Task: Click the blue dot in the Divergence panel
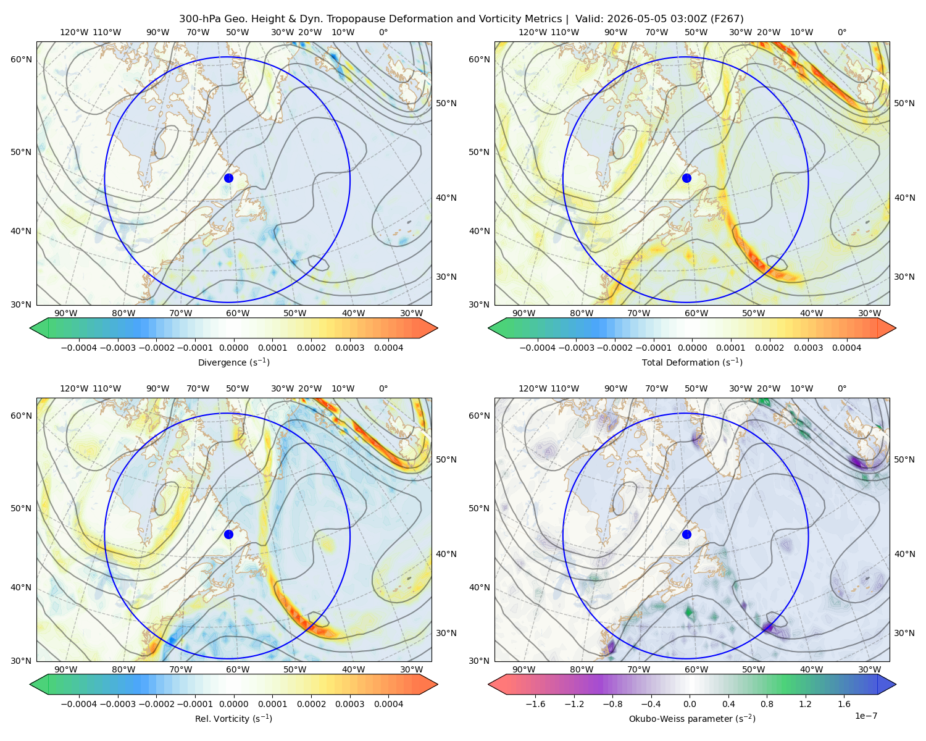point(228,178)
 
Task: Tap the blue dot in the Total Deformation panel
point(686,178)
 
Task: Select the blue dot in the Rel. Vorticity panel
point(228,534)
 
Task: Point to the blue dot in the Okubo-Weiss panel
point(686,534)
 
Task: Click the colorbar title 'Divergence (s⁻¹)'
point(233,362)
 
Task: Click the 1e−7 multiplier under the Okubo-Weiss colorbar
point(866,716)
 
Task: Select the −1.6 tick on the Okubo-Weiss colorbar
point(535,704)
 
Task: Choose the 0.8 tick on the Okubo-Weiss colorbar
point(767,704)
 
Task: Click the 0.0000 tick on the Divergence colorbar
point(233,348)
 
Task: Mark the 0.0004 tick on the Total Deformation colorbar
point(847,348)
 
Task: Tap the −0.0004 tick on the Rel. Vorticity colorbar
point(79,704)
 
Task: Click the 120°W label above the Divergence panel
point(74,32)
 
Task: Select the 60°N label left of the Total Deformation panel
point(479,59)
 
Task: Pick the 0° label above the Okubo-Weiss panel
point(841,388)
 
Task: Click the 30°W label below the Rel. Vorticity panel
point(411,669)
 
